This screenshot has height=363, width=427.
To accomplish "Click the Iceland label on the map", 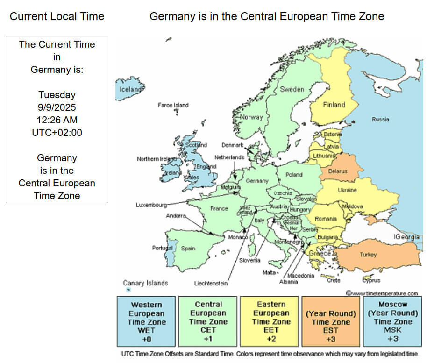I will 131,89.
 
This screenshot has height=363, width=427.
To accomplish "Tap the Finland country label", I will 334,105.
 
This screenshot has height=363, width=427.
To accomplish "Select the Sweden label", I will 292,89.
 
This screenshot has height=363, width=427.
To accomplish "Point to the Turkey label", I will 368,255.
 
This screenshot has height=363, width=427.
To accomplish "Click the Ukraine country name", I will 347,190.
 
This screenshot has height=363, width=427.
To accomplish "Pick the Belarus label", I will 338,171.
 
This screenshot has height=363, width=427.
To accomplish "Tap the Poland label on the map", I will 294,175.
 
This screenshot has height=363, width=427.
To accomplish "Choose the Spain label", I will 188,249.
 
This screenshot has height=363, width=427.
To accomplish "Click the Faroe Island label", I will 173,106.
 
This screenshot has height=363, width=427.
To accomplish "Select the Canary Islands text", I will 145,283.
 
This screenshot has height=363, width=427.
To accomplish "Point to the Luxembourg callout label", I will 151,205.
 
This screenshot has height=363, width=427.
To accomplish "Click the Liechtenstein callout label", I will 211,283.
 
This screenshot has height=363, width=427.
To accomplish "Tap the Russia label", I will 380,120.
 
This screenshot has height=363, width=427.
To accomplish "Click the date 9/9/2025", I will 57,107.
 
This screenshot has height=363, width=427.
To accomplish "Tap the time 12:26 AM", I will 57,120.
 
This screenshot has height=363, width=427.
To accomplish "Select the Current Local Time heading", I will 57,17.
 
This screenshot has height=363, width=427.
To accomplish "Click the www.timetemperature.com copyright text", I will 382,293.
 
